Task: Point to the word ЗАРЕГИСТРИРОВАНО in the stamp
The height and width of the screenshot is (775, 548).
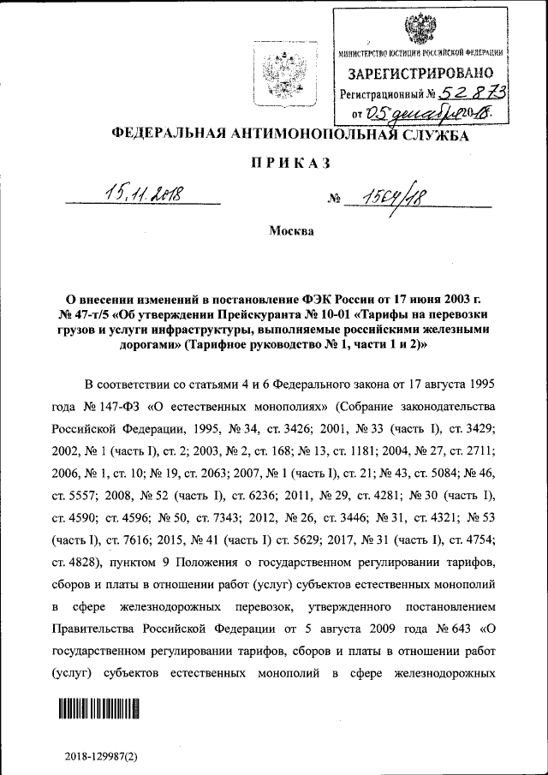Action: pyautogui.click(x=420, y=74)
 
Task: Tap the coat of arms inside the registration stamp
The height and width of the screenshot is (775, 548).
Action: pyautogui.click(x=420, y=28)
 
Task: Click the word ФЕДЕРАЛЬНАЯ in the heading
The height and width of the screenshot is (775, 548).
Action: pyautogui.click(x=168, y=134)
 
